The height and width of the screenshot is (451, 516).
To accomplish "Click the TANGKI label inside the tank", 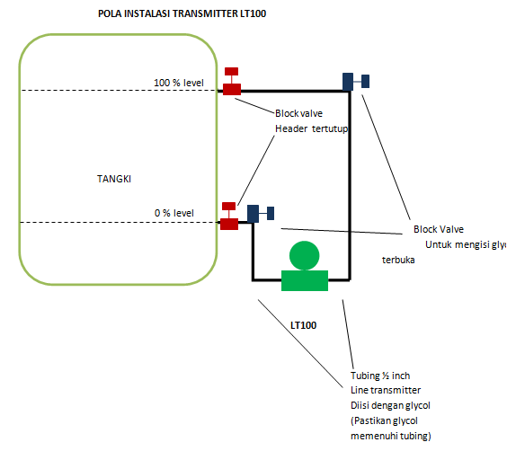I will tap(114, 178).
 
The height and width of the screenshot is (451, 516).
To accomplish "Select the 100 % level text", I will tap(179, 83).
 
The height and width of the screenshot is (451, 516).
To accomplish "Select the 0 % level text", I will tap(173, 213).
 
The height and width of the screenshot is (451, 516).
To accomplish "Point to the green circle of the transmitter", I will tap(305, 256).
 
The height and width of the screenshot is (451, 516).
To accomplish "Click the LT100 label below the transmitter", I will tap(303, 323).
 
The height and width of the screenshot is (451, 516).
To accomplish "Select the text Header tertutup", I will tap(311, 128).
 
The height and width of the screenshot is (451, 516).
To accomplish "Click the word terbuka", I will tap(397, 261).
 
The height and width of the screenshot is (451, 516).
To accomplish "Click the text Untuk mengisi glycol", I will tap(466, 244).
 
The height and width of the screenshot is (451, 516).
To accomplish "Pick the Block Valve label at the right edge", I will tap(439, 229).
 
